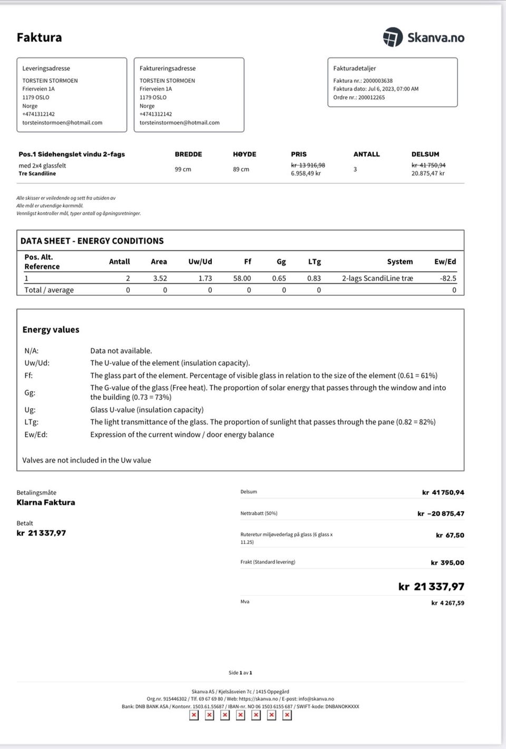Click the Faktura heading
[39, 37]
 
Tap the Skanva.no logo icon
[393, 37]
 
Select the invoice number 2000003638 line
[363, 81]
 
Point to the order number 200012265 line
[359, 98]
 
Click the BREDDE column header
[188, 155]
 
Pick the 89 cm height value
[241, 169]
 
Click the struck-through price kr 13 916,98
[308, 165]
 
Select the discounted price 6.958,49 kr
[306, 173]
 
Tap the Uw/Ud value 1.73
[205, 279]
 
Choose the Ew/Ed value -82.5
[448, 279]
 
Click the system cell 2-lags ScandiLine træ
[377, 279]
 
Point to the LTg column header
[314, 262]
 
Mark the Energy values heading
[51, 330]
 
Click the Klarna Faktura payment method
[46, 503]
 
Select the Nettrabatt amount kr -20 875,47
[441, 514]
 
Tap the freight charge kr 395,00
[447, 563]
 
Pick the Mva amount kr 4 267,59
[447, 603]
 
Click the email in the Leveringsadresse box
[62, 123]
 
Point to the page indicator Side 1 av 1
[240, 673]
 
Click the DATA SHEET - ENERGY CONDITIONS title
[92, 241]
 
